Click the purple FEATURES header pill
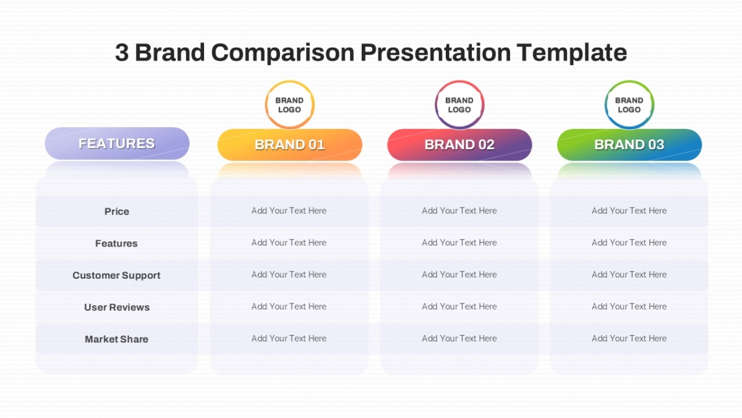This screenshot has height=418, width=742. pos(117,143)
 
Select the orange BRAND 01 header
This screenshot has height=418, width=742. pos(289,145)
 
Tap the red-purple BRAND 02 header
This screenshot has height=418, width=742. pos(459,145)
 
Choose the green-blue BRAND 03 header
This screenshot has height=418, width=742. pos(629,145)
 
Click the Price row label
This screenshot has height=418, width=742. pos(117,212)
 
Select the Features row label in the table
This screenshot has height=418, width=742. pos(116,243)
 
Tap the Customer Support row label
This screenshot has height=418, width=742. pos(116,276)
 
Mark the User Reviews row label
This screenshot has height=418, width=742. pos(117,307)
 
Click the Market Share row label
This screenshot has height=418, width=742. pos(117,339)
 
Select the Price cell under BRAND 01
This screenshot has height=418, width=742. pos(289,211)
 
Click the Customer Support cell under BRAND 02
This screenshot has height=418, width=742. pos(459,274)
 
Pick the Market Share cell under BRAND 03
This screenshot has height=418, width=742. pos(629,338)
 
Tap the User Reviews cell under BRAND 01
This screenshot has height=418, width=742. pos(289,307)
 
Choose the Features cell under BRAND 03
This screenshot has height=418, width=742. pos(629,243)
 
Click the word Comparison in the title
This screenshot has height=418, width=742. pos(283,53)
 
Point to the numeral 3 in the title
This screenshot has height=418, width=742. pos(122,53)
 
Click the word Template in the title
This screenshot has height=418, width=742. pos(571,53)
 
